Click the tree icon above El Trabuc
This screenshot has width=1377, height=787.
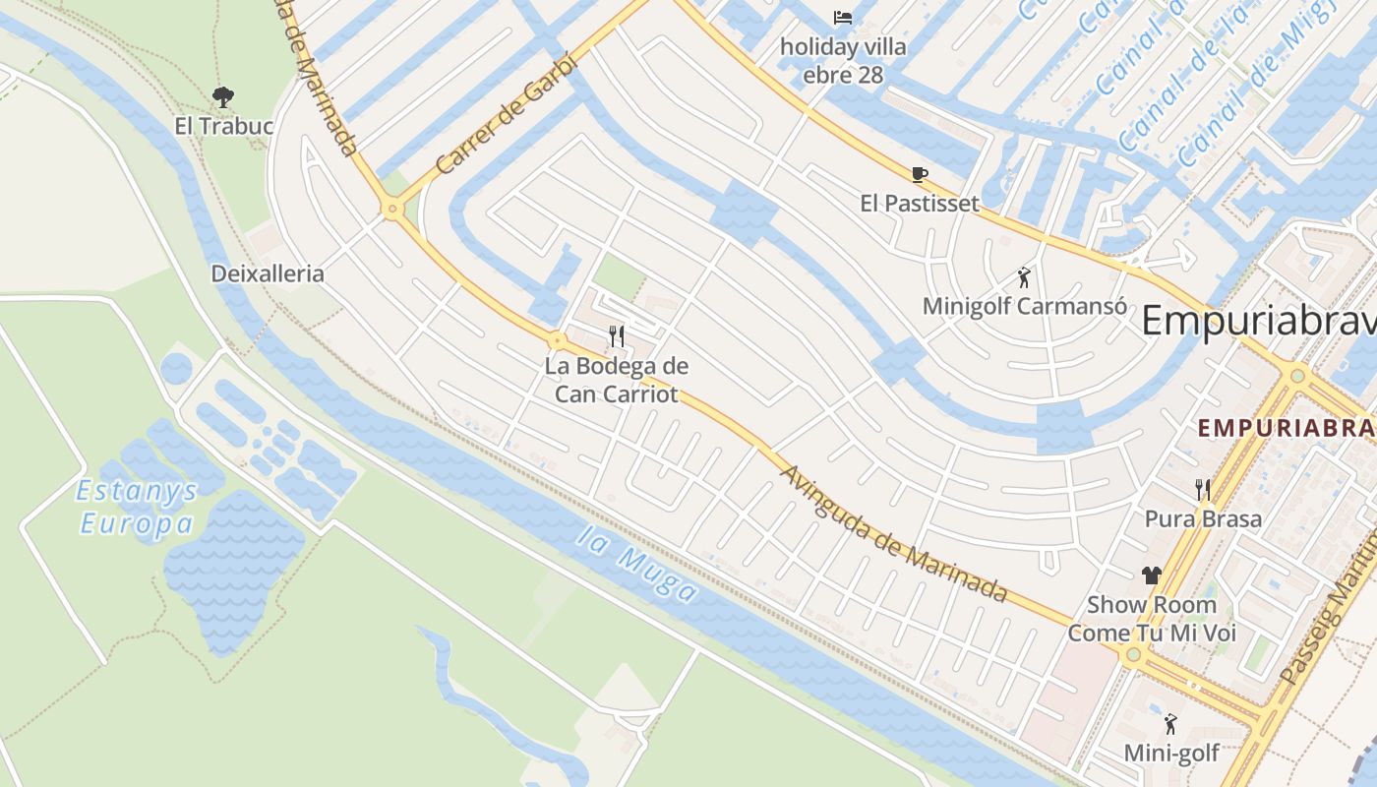223,96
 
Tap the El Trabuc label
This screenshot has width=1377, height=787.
223,126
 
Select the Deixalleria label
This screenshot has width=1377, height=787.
268,273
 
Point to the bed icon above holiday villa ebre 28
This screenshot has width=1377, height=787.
843,18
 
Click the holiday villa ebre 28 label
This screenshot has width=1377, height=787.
843,60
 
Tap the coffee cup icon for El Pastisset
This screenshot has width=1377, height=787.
920,175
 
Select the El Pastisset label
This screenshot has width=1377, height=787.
920,204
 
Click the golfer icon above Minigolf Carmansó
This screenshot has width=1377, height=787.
1024,277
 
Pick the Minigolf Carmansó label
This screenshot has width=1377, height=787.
1024,306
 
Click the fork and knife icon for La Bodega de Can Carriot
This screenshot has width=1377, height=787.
617,336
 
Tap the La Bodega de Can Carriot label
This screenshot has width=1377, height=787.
617,380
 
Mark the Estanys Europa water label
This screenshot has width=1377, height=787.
138,507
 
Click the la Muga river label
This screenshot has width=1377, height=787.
637,565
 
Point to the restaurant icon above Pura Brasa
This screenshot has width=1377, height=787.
1202,489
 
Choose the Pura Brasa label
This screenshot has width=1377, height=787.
1202,518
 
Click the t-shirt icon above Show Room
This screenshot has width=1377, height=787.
1152,575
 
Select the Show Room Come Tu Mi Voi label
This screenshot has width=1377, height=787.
1152,619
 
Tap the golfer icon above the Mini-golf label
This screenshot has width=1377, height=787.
1170,725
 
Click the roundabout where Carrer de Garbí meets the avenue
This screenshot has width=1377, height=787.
392,209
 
